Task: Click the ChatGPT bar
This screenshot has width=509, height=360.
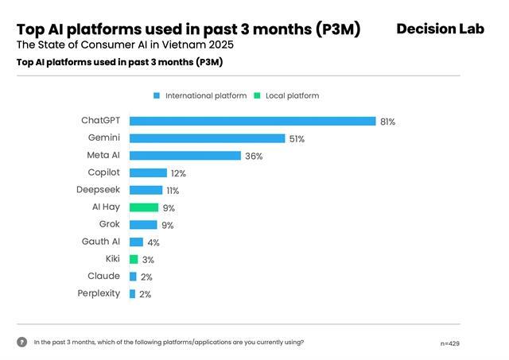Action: click(x=252, y=121)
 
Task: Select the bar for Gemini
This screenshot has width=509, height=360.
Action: click(x=207, y=138)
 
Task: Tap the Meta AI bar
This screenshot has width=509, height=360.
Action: click(x=185, y=156)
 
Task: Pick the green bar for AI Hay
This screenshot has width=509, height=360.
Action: click(x=143, y=207)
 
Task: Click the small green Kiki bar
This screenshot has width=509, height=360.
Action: click(x=134, y=259)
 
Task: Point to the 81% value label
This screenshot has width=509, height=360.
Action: click(x=387, y=122)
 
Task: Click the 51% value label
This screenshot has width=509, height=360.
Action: click(x=297, y=139)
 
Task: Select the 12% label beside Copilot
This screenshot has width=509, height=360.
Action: click(x=179, y=173)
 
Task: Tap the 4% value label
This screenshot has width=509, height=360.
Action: click(x=153, y=242)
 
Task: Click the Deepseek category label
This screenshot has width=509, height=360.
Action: click(x=99, y=190)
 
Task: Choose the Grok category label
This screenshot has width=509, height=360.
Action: click(x=110, y=224)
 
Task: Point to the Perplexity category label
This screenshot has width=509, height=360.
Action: click(x=99, y=293)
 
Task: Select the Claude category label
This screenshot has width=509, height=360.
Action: click(x=104, y=276)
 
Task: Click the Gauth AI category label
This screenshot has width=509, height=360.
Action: click(x=101, y=242)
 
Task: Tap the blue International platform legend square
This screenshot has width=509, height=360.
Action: click(x=157, y=95)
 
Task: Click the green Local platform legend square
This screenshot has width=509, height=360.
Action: click(x=257, y=95)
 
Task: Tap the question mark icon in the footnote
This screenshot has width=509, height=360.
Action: click(x=21, y=343)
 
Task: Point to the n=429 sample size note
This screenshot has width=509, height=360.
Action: click(x=449, y=343)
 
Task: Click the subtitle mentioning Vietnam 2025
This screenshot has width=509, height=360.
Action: click(x=125, y=45)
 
